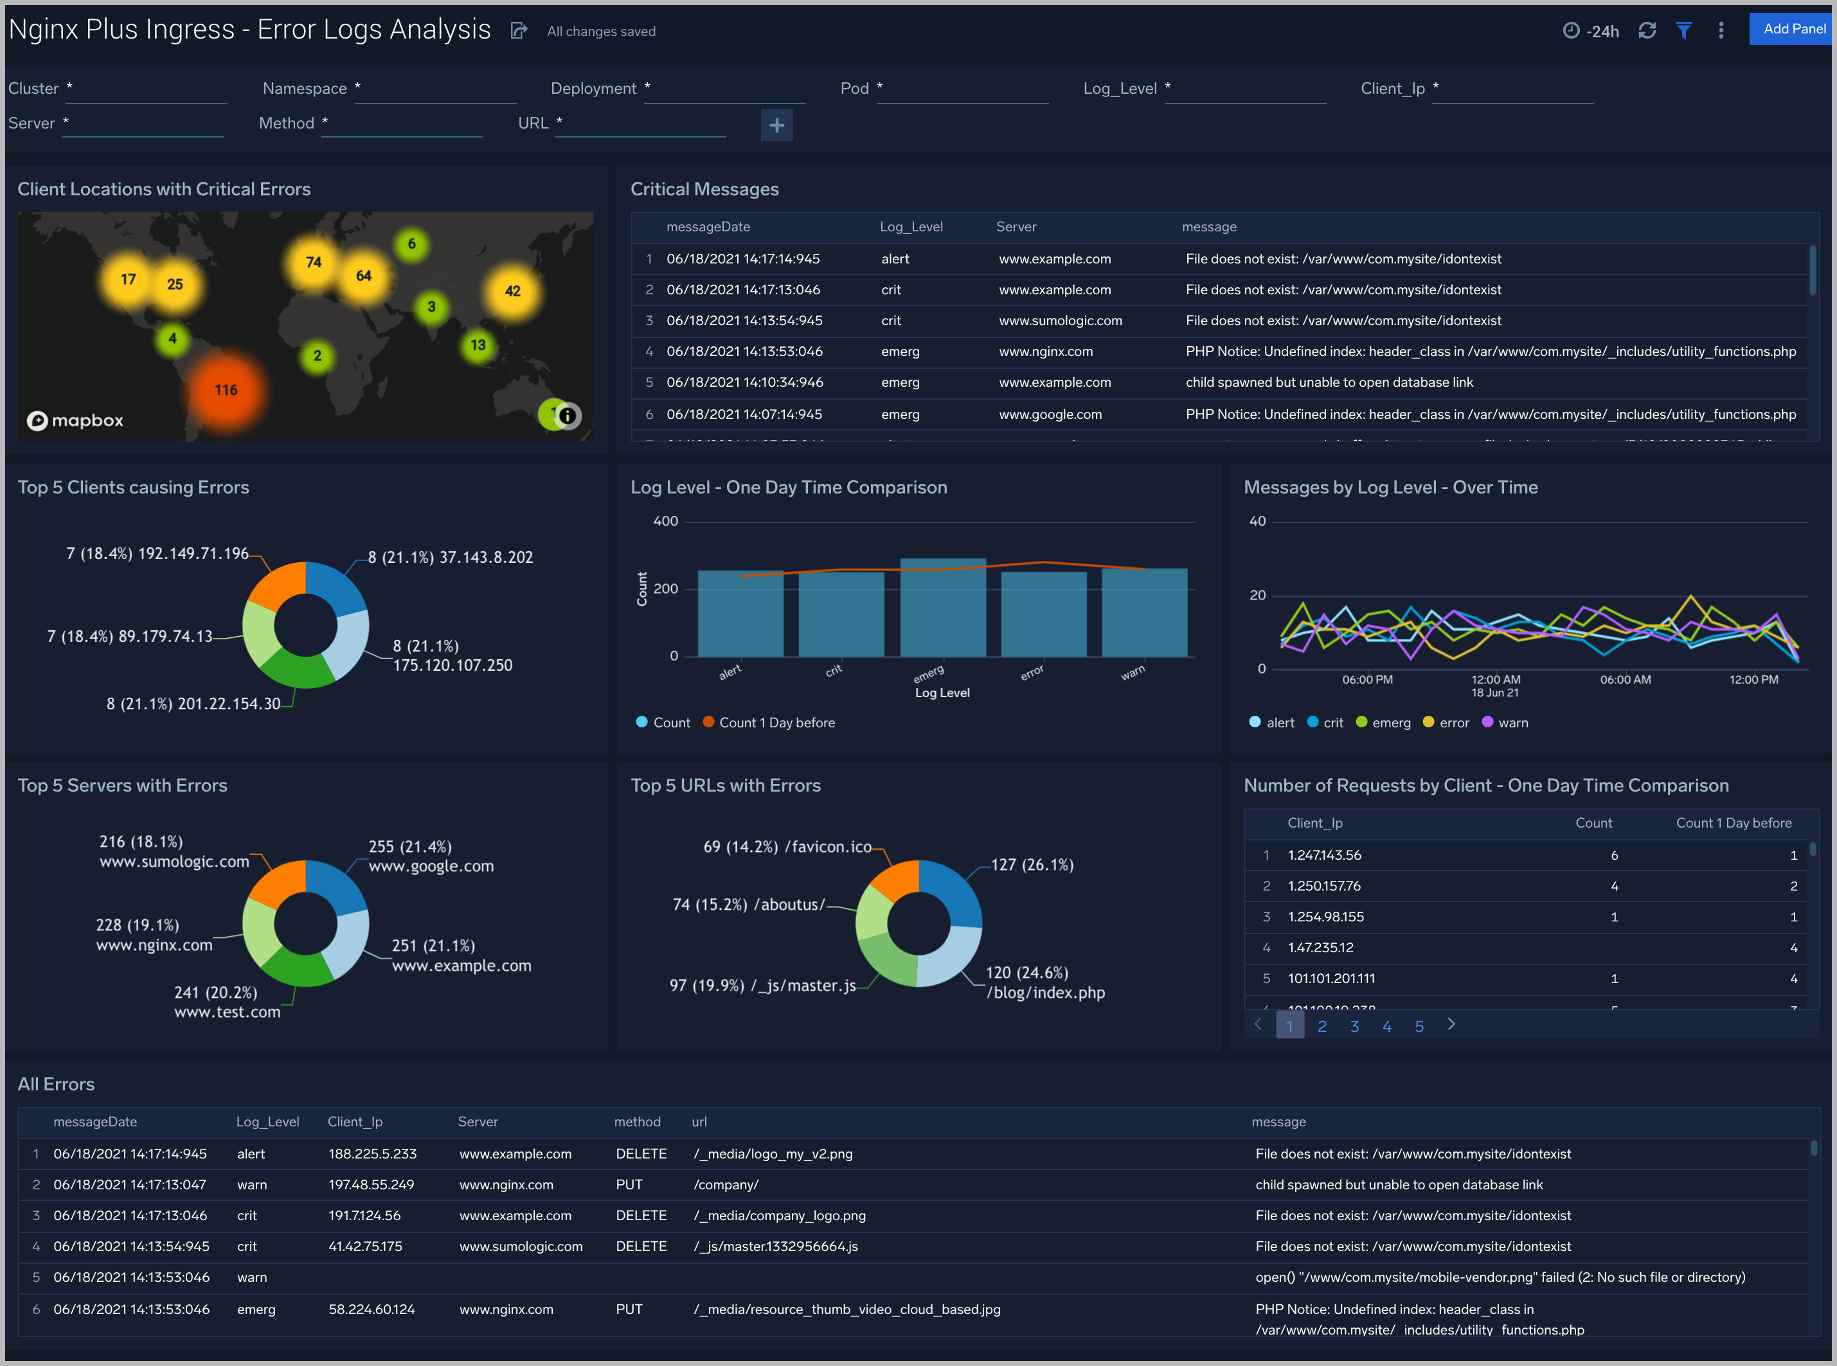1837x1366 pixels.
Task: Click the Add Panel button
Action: tap(1793, 29)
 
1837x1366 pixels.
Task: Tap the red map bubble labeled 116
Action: tap(226, 390)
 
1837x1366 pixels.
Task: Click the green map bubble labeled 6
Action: tap(412, 244)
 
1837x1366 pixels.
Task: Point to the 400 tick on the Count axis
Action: tap(665, 522)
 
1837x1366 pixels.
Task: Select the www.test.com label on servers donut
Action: tap(227, 1012)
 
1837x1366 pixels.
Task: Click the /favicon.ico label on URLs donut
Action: tap(827, 847)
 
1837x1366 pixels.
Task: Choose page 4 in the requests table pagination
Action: tap(1386, 1026)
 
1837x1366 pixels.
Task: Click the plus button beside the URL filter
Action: tap(776, 126)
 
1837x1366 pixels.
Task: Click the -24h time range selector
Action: tap(1591, 31)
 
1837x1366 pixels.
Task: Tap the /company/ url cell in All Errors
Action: tap(726, 1185)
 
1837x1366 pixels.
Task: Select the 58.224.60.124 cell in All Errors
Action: tap(372, 1309)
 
